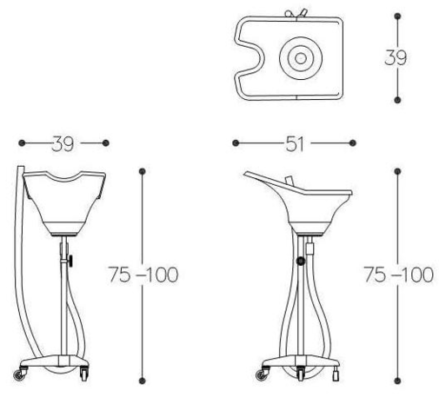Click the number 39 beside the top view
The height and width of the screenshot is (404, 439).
click(396, 57)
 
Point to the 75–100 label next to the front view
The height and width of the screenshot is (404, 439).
click(143, 275)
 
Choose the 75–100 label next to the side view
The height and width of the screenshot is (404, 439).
click(397, 275)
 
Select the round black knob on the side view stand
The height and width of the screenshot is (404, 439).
click(300, 261)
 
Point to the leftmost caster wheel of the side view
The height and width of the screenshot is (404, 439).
click(262, 375)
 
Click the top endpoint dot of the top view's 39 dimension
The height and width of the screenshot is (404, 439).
click(397, 16)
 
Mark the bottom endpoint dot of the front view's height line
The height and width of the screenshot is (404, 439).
click(143, 380)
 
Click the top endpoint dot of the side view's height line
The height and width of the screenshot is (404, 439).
click(397, 171)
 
